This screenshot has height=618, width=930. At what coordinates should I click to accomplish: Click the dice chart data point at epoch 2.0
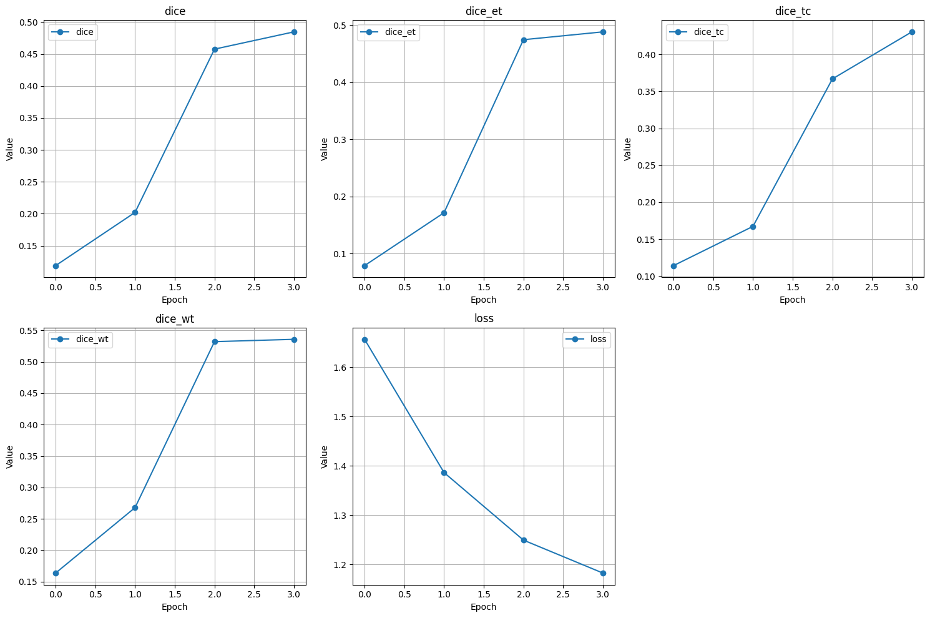pos(215,49)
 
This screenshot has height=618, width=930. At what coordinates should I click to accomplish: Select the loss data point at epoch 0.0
pos(365,340)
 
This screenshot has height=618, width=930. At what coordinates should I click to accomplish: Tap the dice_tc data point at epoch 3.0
pos(912,32)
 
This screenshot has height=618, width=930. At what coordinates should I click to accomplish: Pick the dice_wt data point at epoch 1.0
pos(135,508)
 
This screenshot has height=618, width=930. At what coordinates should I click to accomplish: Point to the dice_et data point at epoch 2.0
pos(524,40)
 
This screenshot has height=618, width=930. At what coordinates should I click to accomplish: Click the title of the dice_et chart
pos(484,11)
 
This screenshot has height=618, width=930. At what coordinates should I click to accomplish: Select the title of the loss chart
pos(484,318)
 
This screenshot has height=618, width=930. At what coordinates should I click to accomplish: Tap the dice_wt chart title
pos(175,319)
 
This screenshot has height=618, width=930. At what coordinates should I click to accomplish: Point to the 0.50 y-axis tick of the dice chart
pos(28,23)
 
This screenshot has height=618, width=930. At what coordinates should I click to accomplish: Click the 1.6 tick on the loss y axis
pos(341,368)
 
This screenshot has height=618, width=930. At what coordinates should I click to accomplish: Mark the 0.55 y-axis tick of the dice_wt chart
pos(28,331)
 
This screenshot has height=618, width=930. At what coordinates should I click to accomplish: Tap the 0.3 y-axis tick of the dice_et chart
pos(341,140)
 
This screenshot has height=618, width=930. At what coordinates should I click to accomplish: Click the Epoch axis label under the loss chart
pos(484,607)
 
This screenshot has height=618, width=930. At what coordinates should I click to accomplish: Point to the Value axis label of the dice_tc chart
pos(628,149)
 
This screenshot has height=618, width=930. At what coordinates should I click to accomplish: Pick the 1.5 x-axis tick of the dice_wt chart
pos(175,594)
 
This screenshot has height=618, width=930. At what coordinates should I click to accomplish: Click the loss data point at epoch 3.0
pos(603,573)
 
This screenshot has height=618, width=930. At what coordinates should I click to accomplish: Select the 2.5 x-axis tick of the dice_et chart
pos(563,287)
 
